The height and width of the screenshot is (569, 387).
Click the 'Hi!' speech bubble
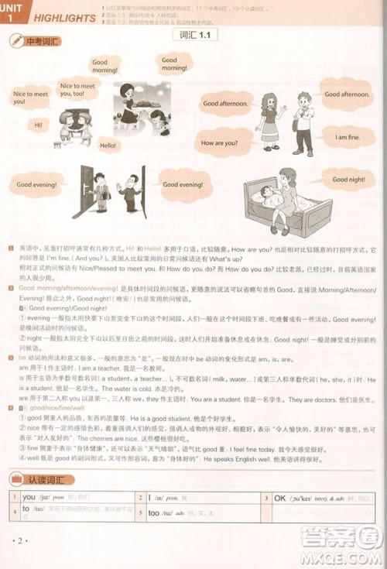click(x=38, y=125)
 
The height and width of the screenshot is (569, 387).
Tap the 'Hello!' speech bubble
click(x=108, y=146)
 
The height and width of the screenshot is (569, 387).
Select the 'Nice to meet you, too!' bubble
click(x=77, y=90)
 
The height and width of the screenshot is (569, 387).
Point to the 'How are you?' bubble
click(x=219, y=143)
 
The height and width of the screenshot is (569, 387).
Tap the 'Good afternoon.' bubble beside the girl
click(x=225, y=103)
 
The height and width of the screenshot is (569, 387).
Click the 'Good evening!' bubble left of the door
click(x=36, y=185)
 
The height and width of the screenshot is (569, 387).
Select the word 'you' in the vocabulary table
click(x=29, y=497)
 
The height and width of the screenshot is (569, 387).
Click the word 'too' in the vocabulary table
click(x=153, y=512)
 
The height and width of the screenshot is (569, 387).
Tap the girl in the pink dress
click(x=270, y=120)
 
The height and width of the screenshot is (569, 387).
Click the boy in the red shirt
click(x=303, y=120)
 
